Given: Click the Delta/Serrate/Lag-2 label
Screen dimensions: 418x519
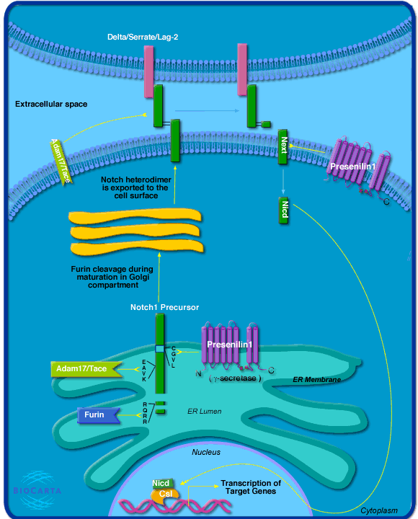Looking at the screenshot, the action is (x=143, y=37).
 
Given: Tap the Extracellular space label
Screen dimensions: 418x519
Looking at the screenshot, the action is (x=51, y=104).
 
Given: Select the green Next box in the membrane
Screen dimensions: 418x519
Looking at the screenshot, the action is (x=283, y=146).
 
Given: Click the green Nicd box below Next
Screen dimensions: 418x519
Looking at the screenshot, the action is (x=284, y=210).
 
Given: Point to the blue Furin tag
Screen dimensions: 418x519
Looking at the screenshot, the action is (x=98, y=415).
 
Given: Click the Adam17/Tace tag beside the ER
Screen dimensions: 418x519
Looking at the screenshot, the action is (x=85, y=369).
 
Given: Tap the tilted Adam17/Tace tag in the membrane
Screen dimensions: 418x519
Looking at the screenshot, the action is (x=61, y=161).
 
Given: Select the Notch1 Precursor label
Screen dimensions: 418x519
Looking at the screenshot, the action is (x=164, y=307).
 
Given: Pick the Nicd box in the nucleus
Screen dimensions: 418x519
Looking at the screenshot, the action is (x=162, y=484).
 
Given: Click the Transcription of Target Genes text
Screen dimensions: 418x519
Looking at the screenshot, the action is (x=251, y=487).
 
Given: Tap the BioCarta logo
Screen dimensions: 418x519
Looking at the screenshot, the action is (x=37, y=490).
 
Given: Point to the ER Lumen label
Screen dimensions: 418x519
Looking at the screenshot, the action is (x=204, y=412).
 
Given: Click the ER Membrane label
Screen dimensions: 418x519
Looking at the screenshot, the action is (x=316, y=380).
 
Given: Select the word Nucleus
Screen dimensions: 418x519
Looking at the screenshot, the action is (x=206, y=452).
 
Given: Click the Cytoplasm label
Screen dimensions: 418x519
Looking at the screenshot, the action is (x=379, y=510).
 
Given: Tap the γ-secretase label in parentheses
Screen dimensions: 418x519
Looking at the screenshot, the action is (x=235, y=378).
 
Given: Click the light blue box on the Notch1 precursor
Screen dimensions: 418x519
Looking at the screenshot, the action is (x=159, y=349).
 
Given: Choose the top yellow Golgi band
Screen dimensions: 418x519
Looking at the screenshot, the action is (x=135, y=216).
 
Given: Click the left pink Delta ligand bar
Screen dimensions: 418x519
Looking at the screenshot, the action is (x=148, y=71).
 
